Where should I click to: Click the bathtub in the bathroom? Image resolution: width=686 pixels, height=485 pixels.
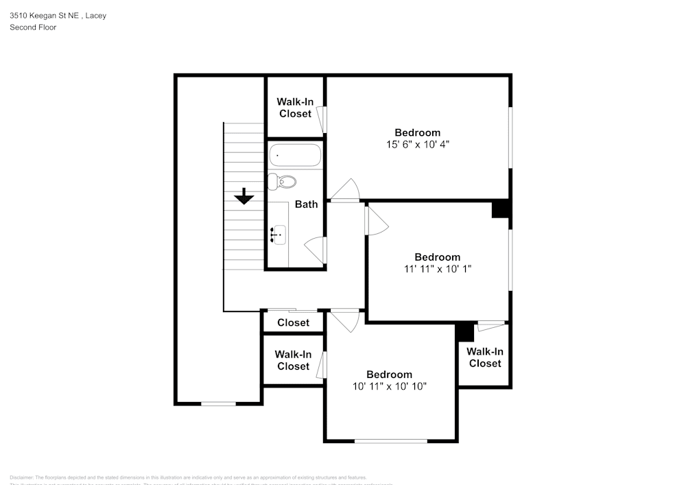click(x=294, y=156)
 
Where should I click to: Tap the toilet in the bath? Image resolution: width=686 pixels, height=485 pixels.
click(x=282, y=182)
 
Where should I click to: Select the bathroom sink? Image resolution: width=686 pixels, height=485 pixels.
click(x=277, y=235)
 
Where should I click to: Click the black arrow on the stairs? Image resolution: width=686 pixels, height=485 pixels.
click(x=244, y=197)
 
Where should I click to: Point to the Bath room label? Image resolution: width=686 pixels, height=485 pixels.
click(x=306, y=204)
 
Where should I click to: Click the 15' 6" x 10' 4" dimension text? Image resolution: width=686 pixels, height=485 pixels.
click(x=417, y=145)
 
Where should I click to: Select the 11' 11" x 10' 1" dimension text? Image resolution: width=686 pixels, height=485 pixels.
click(x=437, y=269)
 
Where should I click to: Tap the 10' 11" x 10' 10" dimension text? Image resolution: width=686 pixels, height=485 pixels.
click(x=389, y=386)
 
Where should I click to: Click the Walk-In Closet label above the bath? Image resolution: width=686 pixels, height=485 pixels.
click(x=295, y=108)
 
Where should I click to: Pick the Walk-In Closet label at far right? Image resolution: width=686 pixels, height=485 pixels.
click(x=485, y=357)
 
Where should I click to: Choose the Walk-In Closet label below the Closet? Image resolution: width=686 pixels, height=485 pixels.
click(x=293, y=360)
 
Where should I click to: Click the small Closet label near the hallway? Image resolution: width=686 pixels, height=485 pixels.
click(x=293, y=322)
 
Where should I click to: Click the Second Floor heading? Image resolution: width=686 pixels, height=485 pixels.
click(x=33, y=27)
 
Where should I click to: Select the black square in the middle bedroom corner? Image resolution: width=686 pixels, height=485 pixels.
click(x=501, y=209)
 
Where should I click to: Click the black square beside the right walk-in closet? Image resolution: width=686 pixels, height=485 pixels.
click(x=465, y=332)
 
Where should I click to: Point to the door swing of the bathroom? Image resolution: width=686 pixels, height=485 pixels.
click(x=316, y=246)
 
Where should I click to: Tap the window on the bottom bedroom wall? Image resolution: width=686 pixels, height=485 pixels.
click(x=390, y=440)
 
